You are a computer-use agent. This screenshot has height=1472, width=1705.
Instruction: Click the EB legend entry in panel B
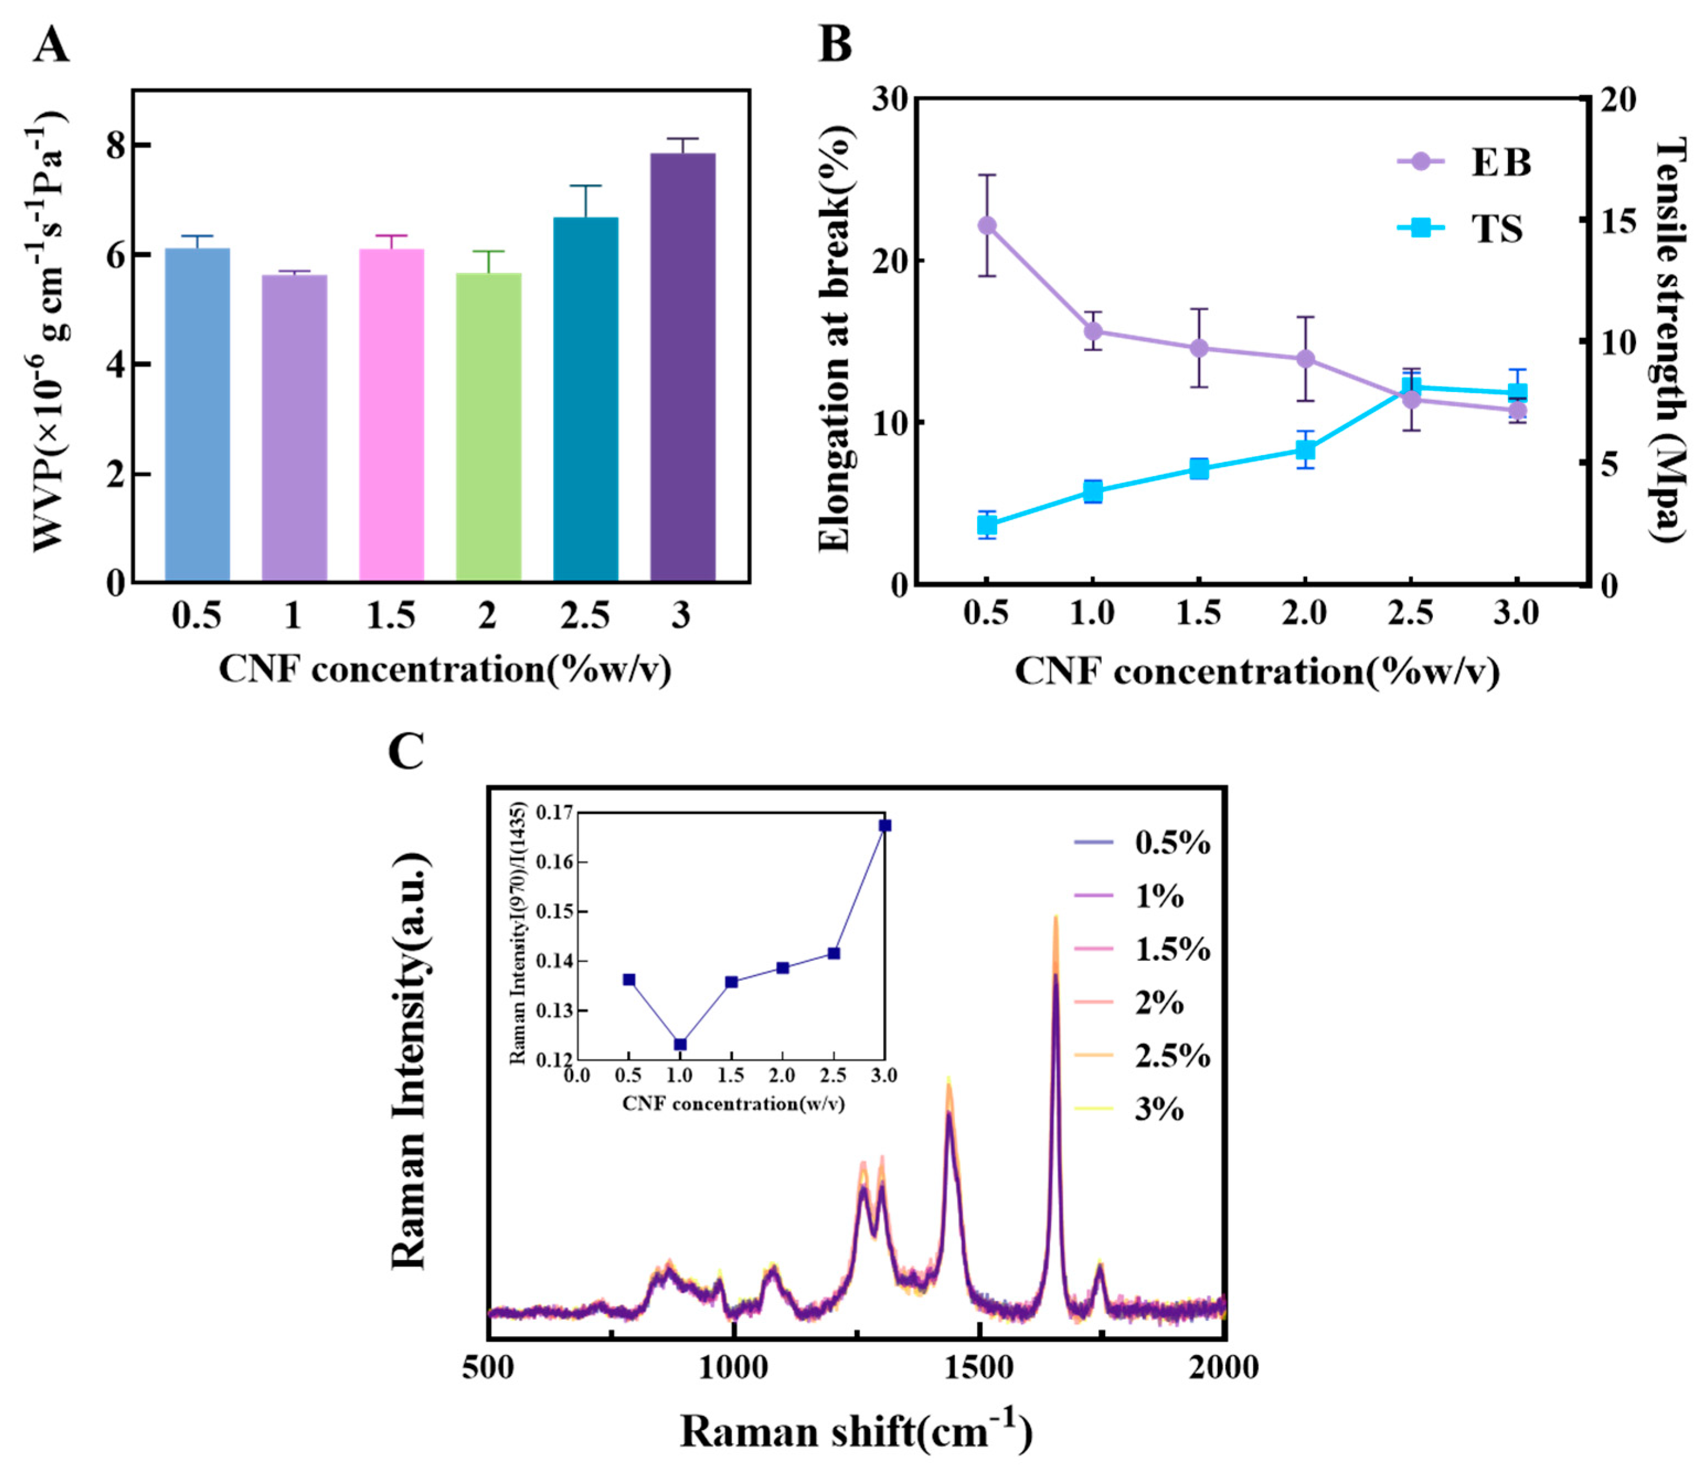(x=1465, y=162)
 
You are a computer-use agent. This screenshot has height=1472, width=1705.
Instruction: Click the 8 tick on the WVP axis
(x=118, y=146)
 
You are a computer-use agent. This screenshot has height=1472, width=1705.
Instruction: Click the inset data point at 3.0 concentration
(x=885, y=826)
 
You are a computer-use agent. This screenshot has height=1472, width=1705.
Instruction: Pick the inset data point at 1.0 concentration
(x=680, y=1044)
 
